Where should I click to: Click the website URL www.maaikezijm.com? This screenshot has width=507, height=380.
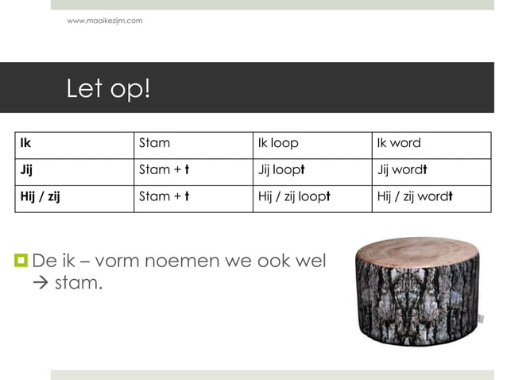pos(105,20)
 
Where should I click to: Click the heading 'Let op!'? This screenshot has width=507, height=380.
pos(108,88)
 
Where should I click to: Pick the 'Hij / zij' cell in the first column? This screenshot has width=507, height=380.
pos(40,196)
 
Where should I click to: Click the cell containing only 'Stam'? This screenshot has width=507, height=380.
pos(154,144)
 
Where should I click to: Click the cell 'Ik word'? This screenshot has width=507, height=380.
pos(399,144)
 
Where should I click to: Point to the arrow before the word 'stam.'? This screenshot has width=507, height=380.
pos(41,282)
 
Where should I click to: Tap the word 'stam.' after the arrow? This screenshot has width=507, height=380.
pos(79,282)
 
